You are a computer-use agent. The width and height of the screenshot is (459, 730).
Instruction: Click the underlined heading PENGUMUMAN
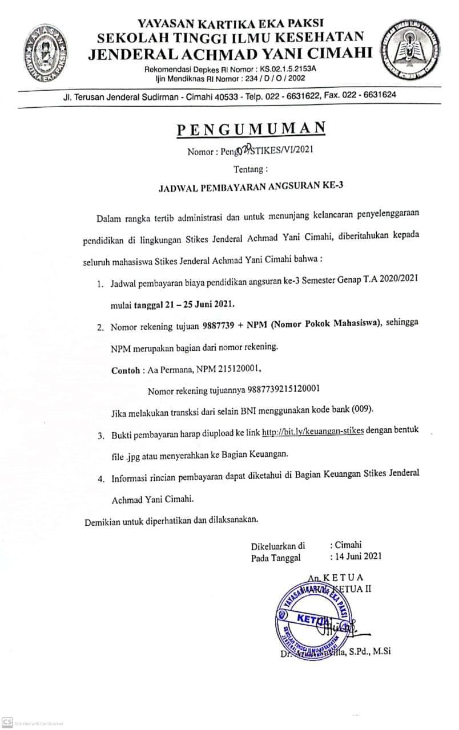251,128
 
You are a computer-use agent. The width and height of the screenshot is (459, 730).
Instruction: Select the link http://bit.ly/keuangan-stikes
313,431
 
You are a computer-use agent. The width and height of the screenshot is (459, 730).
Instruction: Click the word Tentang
250,169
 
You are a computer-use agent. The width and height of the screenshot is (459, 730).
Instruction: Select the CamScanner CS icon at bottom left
7,721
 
